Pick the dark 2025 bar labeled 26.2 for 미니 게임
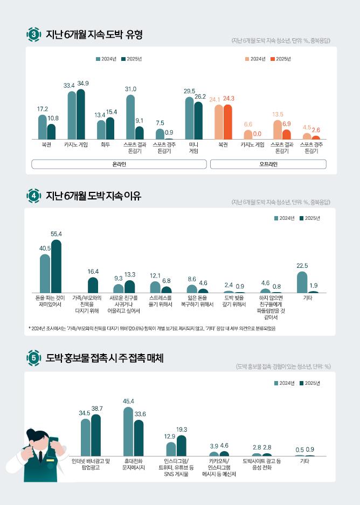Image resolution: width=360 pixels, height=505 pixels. [198, 121]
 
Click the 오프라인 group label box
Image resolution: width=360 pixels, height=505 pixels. [268, 164]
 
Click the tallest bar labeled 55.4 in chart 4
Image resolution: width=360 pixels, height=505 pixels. [56, 266]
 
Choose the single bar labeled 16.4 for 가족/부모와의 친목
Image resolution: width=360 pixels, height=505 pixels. [93, 285]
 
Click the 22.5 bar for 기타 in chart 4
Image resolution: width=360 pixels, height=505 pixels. [302, 282]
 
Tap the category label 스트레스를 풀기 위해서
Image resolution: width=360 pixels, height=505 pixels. [161, 301]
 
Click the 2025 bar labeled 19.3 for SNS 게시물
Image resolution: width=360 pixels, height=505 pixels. [182, 446]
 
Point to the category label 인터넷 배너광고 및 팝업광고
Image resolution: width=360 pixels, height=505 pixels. [91, 464]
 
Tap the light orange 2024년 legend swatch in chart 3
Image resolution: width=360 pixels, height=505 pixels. [247, 59]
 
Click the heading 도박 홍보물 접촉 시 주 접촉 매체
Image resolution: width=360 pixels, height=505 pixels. [105, 357]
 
